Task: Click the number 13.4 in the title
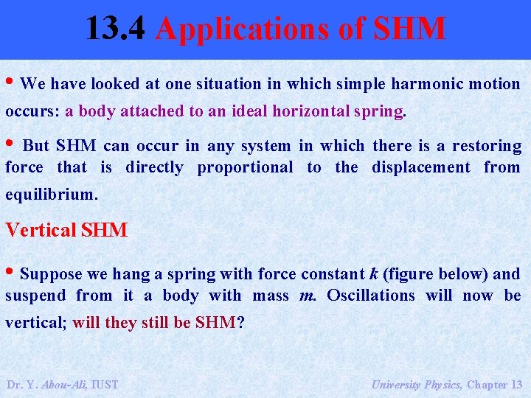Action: (x=118, y=28)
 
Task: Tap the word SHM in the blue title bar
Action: (x=409, y=28)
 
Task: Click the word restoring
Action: (x=486, y=146)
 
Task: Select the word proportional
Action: (x=245, y=167)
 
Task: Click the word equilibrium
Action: (x=50, y=195)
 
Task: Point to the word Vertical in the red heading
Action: (x=41, y=230)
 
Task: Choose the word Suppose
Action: (x=52, y=274)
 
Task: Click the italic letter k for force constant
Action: (x=374, y=274)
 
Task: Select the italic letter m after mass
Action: (x=308, y=296)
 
